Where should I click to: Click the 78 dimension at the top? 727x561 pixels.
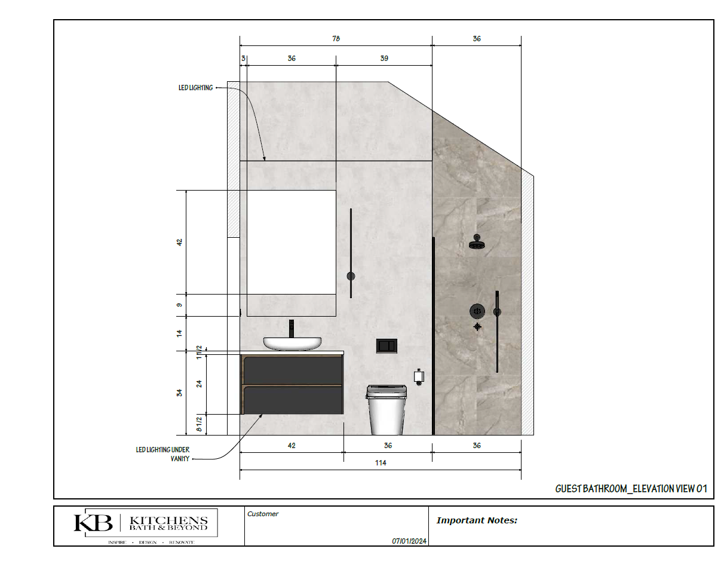(x=336, y=39)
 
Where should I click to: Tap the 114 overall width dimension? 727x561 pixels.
(x=381, y=462)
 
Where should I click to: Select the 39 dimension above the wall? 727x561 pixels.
(x=384, y=59)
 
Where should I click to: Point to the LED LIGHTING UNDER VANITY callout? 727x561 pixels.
(x=163, y=454)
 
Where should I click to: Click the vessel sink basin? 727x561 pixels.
(x=292, y=344)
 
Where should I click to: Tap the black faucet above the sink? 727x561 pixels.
(x=292, y=329)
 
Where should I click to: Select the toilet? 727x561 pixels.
(x=386, y=410)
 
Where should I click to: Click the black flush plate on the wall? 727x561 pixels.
(x=386, y=346)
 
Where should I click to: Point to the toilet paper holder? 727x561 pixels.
(x=419, y=377)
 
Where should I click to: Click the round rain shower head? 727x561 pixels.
(x=477, y=242)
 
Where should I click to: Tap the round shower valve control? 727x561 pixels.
(x=477, y=311)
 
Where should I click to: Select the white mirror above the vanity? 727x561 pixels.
(x=292, y=242)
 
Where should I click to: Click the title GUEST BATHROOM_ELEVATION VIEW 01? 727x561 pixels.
(x=631, y=489)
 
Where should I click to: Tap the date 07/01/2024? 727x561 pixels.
(x=409, y=541)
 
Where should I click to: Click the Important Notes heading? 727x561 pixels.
(x=477, y=520)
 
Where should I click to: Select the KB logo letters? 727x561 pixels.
(x=93, y=523)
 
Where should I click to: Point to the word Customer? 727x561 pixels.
(x=263, y=514)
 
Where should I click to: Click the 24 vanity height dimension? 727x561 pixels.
(x=200, y=384)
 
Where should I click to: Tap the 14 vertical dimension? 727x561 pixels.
(x=180, y=333)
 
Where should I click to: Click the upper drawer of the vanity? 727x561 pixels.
(x=293, y=370)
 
